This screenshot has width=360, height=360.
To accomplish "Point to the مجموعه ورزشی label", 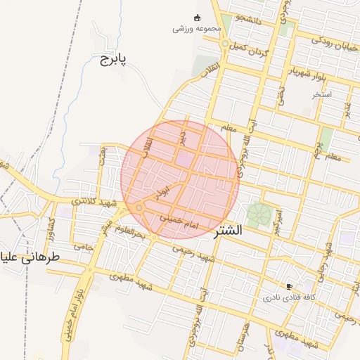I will point(198,29).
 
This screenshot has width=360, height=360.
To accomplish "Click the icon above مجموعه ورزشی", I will point(197,18).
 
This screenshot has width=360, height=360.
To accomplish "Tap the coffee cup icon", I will point(289,286).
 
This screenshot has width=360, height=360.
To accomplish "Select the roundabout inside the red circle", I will point(140,207).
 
